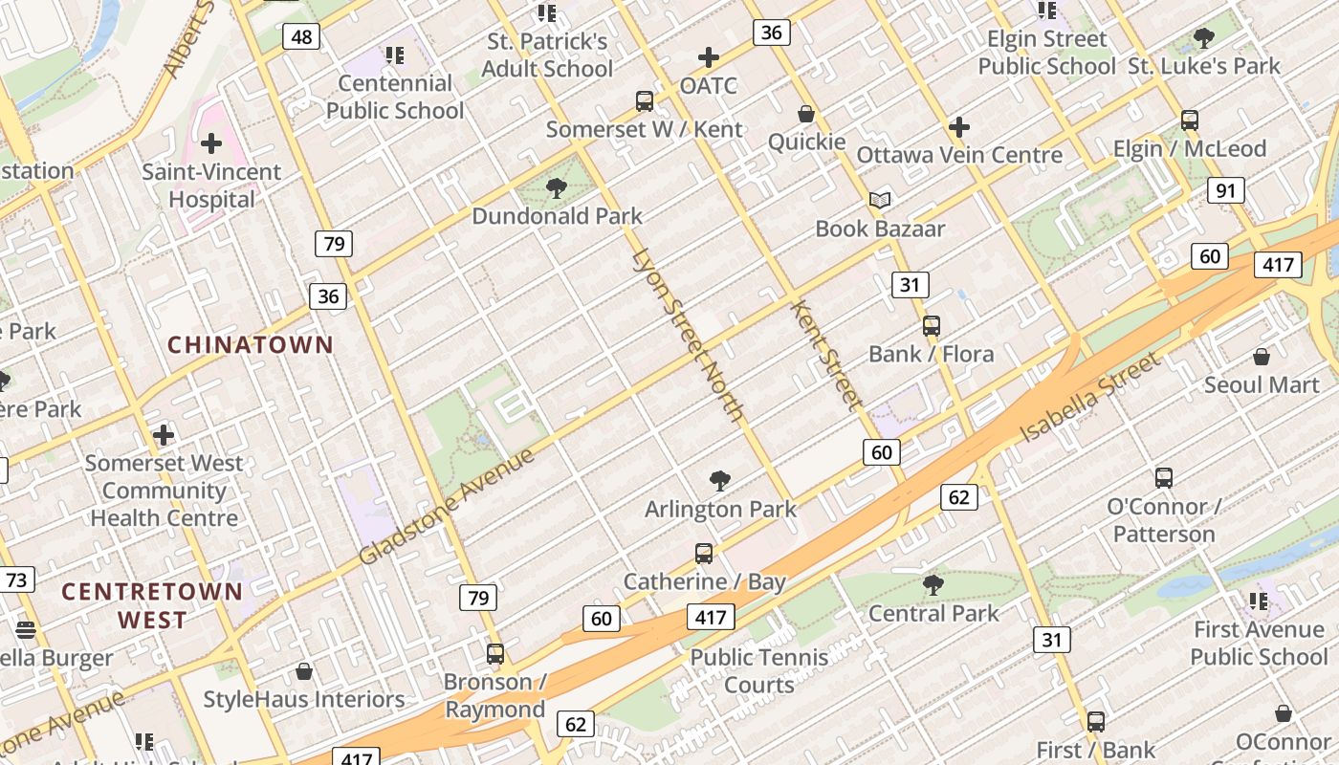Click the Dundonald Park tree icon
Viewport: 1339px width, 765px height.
tap(556, 188)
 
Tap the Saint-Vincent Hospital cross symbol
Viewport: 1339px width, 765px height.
tap(211, 144)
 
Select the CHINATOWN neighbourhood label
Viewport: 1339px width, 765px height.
tap(251, 345)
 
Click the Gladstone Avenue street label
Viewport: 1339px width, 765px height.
tap(446, 507)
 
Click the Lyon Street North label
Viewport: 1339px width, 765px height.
tap(688, 335)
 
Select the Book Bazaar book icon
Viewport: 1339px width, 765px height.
tap(880, 201)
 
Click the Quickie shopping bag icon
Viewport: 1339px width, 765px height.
tap(806, 115)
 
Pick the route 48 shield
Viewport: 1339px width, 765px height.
tap(302, 37)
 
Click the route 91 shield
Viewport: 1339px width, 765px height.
tap(1225, 190)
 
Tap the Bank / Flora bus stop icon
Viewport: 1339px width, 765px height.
tap(932, 326)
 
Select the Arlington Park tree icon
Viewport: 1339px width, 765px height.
tap(720, 481)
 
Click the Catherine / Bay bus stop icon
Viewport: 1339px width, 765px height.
tap(704, 554)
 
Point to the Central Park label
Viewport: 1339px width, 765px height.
tap(933, 613)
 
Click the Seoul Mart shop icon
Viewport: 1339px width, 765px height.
tap(1262, 358)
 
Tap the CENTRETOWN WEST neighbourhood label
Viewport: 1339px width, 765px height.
tap(153, 605)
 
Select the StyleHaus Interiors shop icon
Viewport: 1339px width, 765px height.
tap(304, 671)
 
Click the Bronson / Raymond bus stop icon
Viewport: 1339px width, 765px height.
tap(495, 654)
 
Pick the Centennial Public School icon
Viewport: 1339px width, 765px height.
tap(395, 55)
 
